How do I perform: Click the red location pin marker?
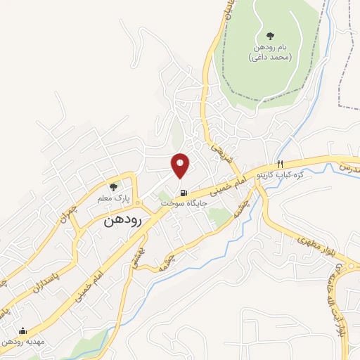(181, 166)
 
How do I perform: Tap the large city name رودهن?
(123, 220)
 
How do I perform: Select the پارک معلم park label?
(114, 198)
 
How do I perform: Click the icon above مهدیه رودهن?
(23, 330)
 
